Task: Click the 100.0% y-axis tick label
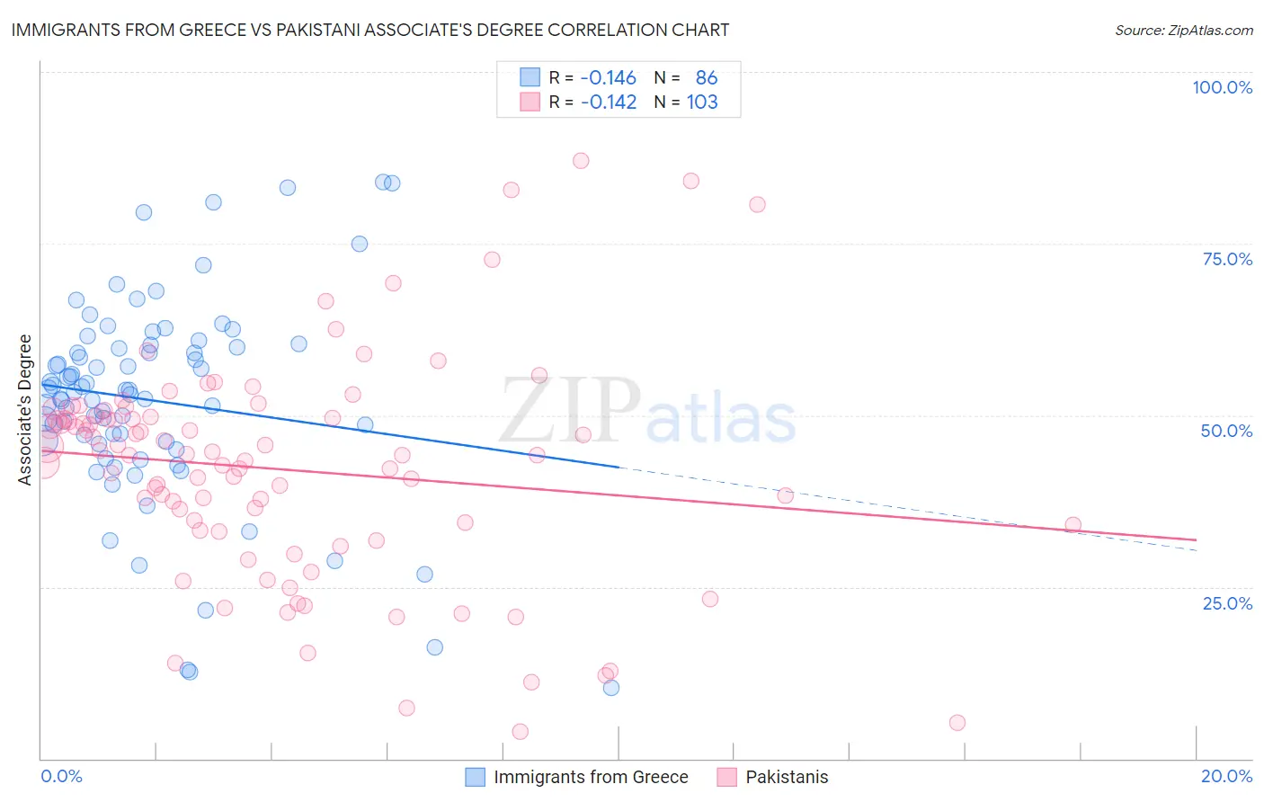point(1222,87)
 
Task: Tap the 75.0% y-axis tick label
point(1227,259)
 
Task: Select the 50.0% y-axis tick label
point(1226,431)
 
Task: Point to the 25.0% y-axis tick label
point(1227,602)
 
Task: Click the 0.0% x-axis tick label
point(61,776)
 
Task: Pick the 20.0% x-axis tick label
point(1226,776)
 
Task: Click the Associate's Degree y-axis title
point(25,410)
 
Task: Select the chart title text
point(370,30)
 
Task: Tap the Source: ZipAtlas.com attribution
point(1183,30)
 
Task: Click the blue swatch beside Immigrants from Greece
point(475,777)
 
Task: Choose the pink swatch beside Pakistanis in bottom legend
point(726,777)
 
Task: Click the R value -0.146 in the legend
point(608,77)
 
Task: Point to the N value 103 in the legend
point(702,102)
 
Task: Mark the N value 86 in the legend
point(707,77)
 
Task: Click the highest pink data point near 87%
point(581,160)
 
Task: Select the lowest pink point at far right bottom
point(957,723)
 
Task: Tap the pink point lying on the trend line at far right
point(1073,525)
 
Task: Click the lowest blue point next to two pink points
point(611,688)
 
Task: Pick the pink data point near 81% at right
point(757,204)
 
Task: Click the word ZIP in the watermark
point(570,412)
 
